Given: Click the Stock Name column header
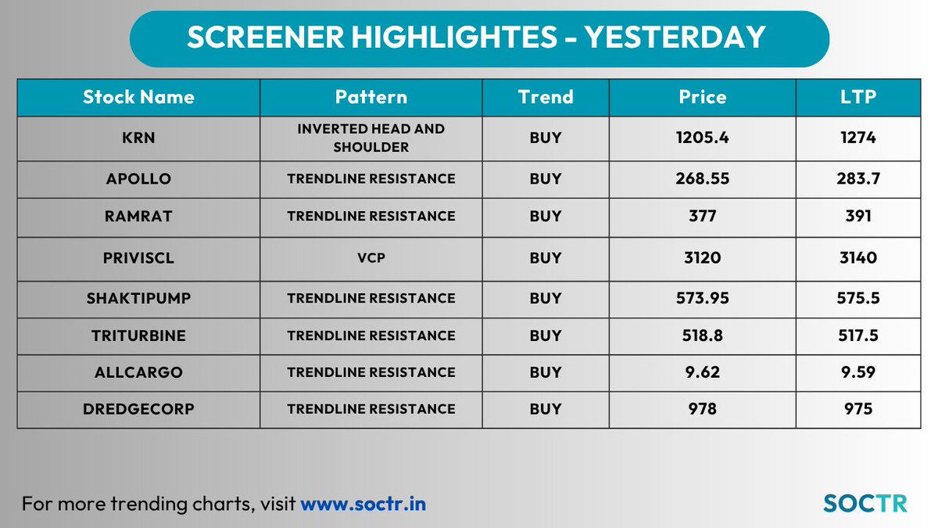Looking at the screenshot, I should (x=138, y=97).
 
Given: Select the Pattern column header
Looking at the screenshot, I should (x=371, y=97).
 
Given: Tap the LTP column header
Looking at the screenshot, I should (x=859, y=97).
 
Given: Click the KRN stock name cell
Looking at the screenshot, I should (x=138, y=138).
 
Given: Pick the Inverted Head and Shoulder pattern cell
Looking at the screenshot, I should (x=371, y=138).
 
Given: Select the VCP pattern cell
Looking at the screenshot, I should (x=371, y=257).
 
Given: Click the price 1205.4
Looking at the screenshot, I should (x=702, y=138).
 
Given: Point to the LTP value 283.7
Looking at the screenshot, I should (x=859, y=179).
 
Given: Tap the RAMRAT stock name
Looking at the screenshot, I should (x=138, y=216).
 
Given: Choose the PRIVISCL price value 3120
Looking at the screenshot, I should (x=702, y=257).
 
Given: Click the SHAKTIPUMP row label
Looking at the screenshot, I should (x=138, y=298).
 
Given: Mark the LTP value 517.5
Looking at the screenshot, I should (x=859, y=336).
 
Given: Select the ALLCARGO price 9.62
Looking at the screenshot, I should (x=702, y=372).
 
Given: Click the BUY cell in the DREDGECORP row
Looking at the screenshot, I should (x=545, y=409).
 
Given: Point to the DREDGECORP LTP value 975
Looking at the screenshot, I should (x=859, y=409).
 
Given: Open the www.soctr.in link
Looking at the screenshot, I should (x=363, y=503).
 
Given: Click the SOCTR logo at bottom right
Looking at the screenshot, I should (x=865, y=503).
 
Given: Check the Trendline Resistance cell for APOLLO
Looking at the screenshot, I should (x=371, y=179).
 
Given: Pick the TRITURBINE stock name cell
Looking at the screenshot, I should (x=138, y=336).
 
